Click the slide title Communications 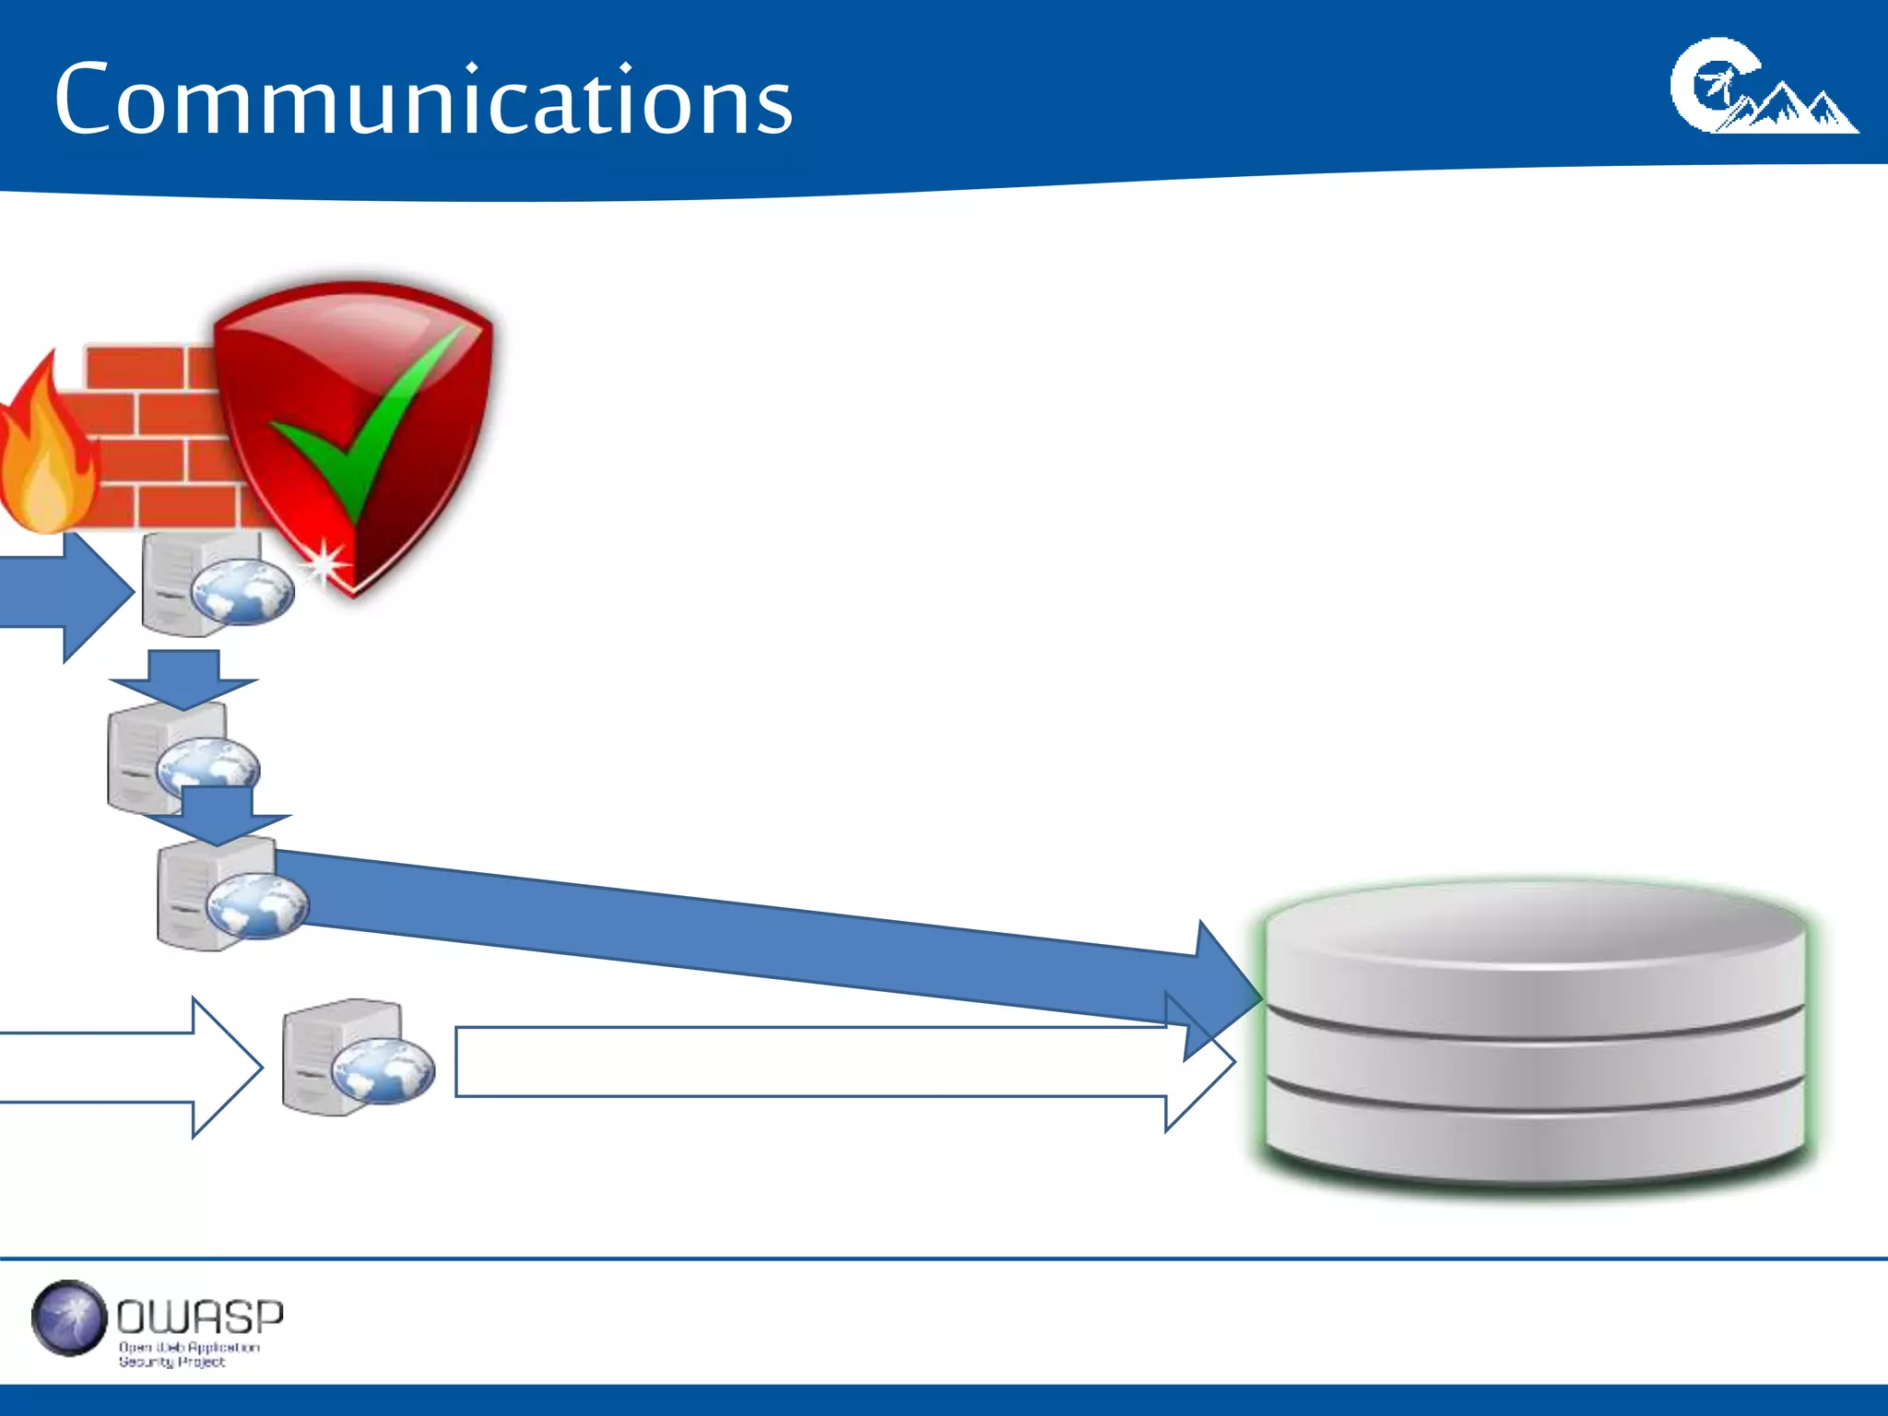point(423,100)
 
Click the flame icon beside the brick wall point(46,452)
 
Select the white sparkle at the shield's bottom point(324,563)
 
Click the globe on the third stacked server point(257,905)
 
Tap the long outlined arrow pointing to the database point(830,1062)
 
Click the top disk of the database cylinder point(1535,950)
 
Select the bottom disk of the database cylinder point(1535,1139)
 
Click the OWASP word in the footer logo point(200,1317)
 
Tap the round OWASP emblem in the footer point(69,1318)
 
